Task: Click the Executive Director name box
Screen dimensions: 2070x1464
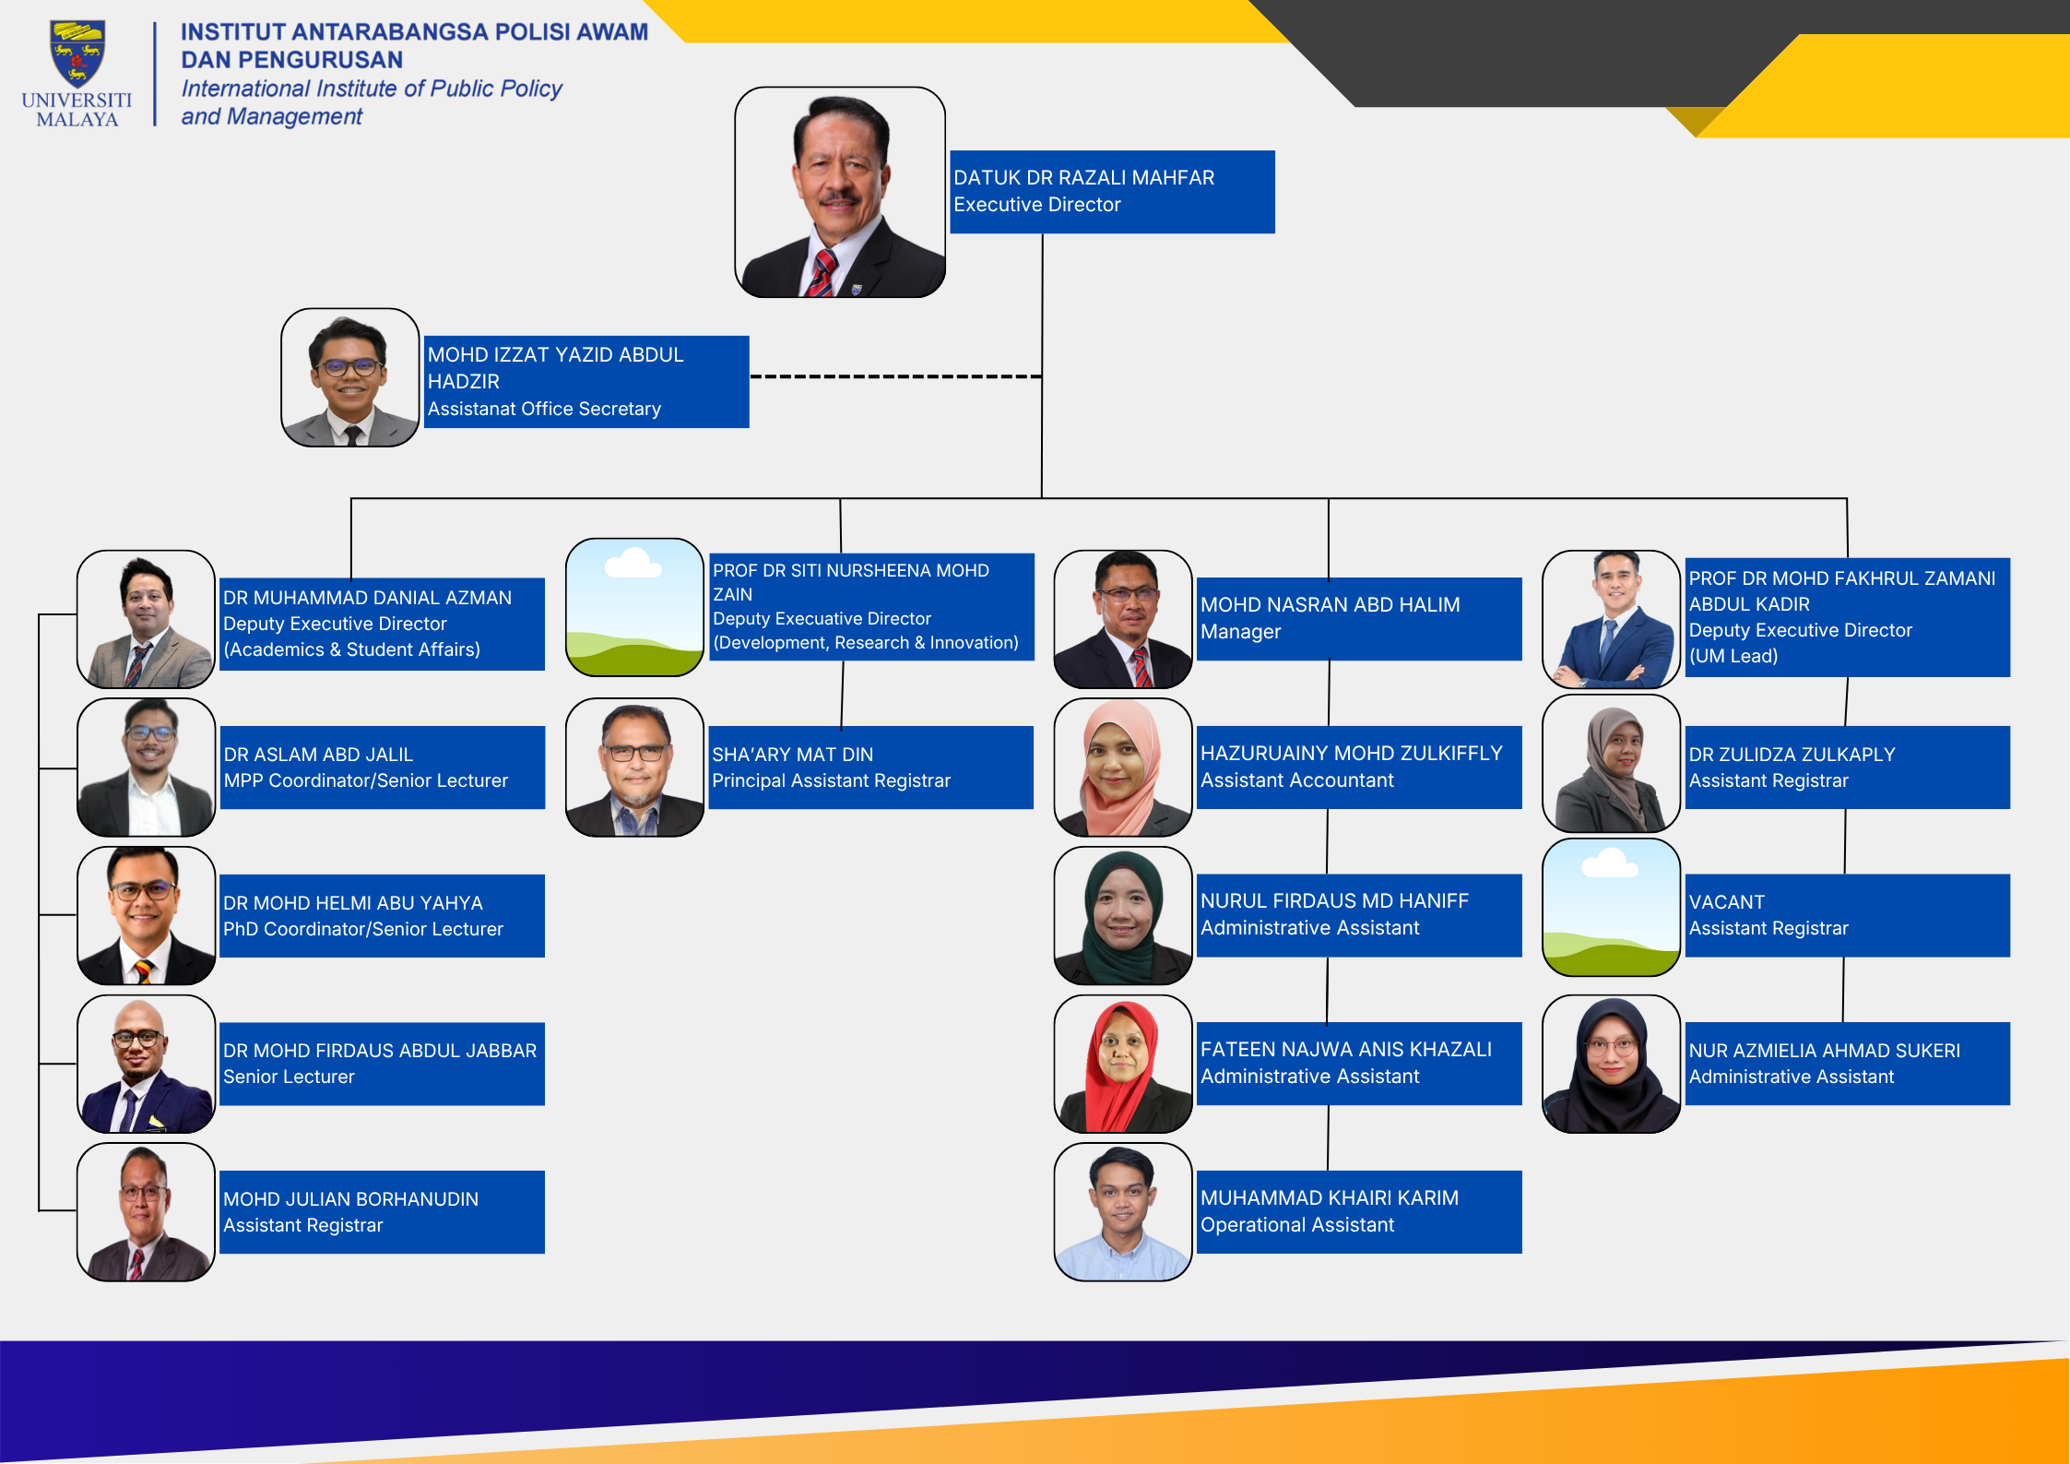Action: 1112,192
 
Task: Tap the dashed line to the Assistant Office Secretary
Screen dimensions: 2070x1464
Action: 895,376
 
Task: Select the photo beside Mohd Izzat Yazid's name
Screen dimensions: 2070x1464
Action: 350,377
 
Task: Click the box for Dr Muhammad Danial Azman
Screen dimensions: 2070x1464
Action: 382,624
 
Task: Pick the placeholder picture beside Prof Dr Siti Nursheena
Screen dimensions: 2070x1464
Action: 634,607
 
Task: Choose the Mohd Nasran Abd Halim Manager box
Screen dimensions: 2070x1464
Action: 1359,619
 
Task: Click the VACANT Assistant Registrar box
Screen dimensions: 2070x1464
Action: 1848,915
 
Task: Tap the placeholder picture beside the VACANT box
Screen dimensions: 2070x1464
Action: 1612,908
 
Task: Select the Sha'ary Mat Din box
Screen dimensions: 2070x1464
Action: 870,768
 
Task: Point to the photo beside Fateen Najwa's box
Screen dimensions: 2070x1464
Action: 1123,1064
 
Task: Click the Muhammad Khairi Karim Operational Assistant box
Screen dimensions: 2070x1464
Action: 1359,1212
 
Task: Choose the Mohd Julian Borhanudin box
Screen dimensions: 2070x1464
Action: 382,1212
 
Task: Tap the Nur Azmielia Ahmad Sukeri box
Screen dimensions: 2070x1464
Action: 1848,1064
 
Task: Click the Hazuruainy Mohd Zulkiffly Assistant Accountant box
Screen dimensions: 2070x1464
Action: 1359,768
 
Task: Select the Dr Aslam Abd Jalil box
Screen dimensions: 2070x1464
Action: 382,768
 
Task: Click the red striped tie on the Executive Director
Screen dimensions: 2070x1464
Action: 822,273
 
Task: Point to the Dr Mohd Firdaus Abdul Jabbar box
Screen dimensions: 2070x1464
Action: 382,1064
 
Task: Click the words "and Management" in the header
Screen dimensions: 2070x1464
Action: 272,117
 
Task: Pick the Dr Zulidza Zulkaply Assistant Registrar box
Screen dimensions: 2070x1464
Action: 1848,768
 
